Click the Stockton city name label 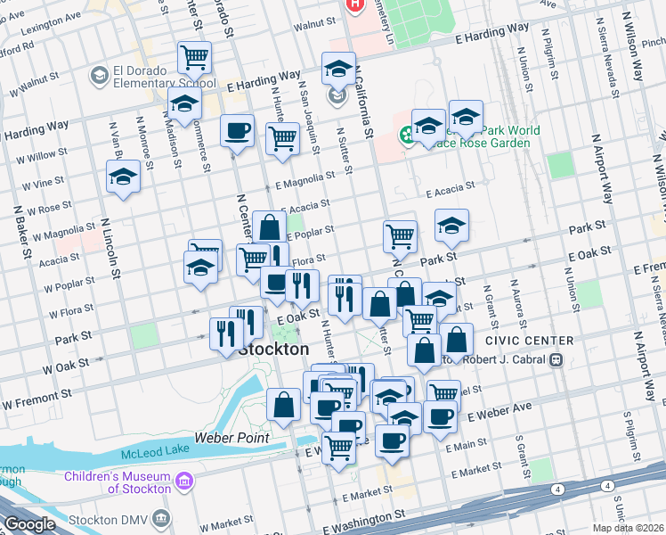coord(274,349)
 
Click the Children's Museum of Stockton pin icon coord(184,482)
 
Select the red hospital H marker coord(355,4)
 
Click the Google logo coord(29,524)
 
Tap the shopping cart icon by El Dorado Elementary coord(194,58)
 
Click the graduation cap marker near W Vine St coord(124,177)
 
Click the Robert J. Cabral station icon coord(556,359)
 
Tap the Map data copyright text coord(631,528)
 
